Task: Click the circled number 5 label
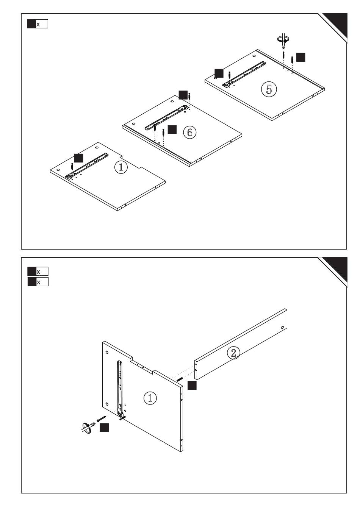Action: [269, 89]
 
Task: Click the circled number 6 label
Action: [189, 132]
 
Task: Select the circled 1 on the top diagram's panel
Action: [121, 167]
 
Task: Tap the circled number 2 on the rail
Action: [233, 353]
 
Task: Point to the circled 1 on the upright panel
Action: [150, 398]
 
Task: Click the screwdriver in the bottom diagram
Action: [87, 427]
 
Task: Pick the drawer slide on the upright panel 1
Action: [120, 386]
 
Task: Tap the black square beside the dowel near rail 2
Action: [192, 386]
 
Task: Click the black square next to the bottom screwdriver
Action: [104, 428]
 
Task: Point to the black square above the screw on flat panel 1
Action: [78, 158]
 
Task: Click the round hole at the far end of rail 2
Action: [283, 327]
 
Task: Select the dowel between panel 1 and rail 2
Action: [180, 379]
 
